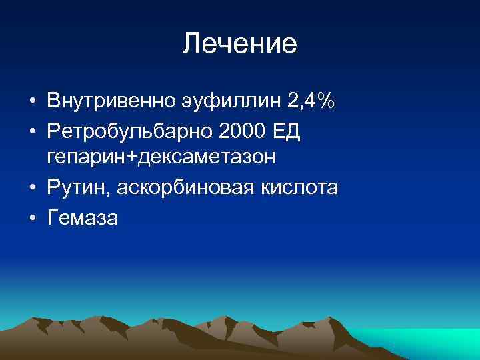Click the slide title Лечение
point(240,44)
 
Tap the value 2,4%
point(311,103)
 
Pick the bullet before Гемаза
point(32,219)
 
